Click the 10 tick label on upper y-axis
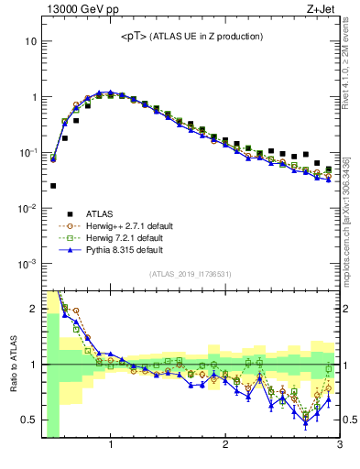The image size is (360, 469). click(31, 41)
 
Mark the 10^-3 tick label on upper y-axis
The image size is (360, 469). click(28, 264)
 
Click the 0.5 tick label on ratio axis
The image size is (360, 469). click(29, 420)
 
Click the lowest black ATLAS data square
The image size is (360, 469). click(53, 186)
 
